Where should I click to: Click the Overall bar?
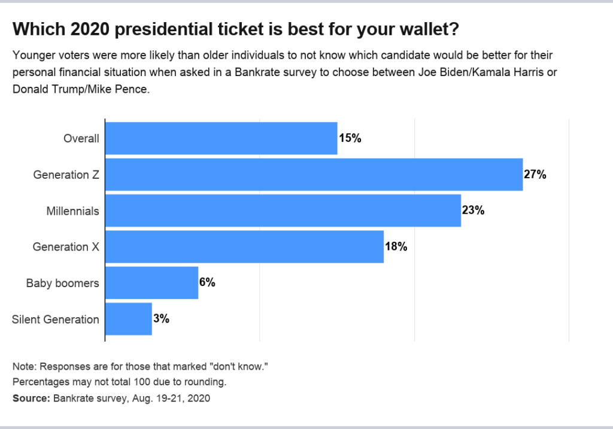[x=221, y=138]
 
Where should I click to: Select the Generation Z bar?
[x=314, y=175]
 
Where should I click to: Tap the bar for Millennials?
[x=283, y=211]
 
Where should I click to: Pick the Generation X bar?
[x=244, y=247]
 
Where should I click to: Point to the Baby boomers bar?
[x=151, y=283]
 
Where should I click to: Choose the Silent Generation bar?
[x=129, y=320]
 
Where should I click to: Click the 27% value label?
[x=535, y=174]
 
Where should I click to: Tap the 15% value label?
[x=350, y=138]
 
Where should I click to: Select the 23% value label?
[x=473, y=210]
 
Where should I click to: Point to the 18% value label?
[x=396, y=247]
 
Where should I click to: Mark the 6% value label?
[x=207, y=282]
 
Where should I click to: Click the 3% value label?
[x=161, y=319]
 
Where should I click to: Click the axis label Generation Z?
[x=66, y=175]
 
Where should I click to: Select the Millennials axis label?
[x=72, y=211]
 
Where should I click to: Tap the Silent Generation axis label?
[x=56, y=320]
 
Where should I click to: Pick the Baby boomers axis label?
[x=62, y=283]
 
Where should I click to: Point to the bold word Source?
[x=31, y=398]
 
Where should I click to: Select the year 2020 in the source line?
[x=199, y=398]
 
